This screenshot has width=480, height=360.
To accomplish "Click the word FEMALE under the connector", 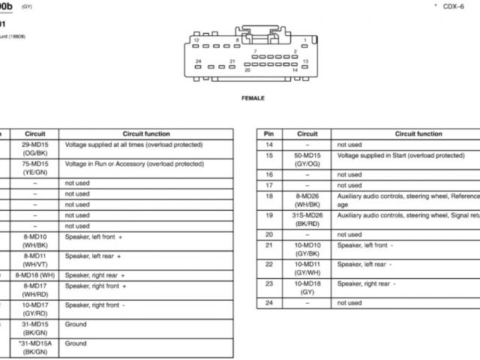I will tap(253, 97).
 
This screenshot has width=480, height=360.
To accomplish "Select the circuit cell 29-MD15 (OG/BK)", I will tap(35, 148).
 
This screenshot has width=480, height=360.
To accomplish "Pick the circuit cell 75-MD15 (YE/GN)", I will tap(35, 167).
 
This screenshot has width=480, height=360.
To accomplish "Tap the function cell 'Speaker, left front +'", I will tap(94, 236).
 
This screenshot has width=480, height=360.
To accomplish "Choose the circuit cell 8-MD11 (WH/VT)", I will tap(35, 259).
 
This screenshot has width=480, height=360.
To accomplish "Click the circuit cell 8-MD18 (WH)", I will tap(35, 275).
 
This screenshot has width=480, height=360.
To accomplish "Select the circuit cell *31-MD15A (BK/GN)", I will tap(35, 347).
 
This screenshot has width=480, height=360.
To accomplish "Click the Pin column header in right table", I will tap(269, 133).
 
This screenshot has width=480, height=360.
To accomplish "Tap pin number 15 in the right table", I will tap(269, 155).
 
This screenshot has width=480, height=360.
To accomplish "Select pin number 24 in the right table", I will tap(269, 303).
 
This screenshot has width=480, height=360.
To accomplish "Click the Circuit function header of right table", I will tap(418, 133).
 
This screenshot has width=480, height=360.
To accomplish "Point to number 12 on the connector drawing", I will tap(196, 40).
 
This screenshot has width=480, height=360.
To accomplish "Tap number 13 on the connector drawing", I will tap(305, 61).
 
